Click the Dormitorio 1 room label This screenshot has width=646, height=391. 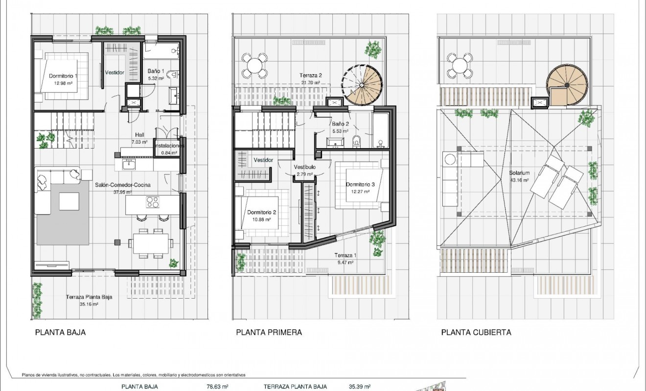pos(63,76)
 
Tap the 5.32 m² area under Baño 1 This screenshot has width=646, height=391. pos(156,78)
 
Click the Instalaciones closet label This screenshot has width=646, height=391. pos(169,146)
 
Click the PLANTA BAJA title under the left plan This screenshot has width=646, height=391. pos(60,332)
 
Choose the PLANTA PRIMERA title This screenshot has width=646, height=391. pos(269,332)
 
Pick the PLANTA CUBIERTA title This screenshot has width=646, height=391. pos(476,332)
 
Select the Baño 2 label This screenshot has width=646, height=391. pos(340,124)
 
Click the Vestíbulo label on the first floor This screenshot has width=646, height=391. pos(304,167)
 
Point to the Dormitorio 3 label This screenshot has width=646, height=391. pos(360,184)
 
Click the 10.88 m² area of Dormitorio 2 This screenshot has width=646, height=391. pos(262,220)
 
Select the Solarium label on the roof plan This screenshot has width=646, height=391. pos(519,174)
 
